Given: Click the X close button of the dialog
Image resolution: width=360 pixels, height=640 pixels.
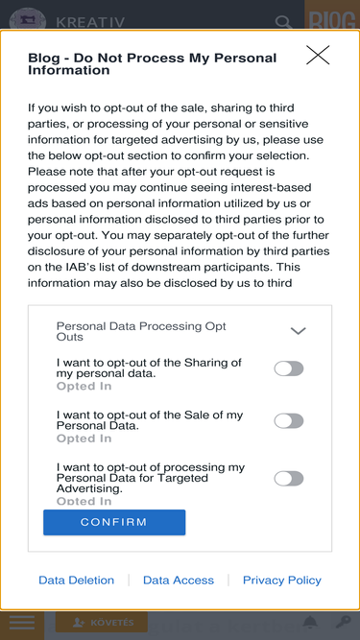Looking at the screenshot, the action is click(318, 55).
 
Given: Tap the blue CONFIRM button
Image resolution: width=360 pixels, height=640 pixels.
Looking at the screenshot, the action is click(114, 522).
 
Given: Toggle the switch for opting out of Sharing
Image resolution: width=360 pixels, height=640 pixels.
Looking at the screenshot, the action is click(289, 368).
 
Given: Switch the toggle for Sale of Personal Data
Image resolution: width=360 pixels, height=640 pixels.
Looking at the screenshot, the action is click(289, 421).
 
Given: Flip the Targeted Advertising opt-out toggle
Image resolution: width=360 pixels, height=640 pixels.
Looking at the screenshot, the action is click(289, 479).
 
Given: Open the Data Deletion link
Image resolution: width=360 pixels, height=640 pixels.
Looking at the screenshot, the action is click(77, 580).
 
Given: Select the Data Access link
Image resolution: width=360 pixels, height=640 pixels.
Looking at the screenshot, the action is click(179, 580).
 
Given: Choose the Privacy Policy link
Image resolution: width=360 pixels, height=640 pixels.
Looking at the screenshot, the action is click(282, 580).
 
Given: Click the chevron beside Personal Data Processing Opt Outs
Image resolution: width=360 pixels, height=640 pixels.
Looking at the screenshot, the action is click(298, 331).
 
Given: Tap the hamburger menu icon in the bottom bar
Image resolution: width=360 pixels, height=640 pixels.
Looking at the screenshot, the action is click(22, 623).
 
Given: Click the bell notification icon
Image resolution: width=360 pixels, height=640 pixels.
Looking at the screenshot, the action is click(311, 623).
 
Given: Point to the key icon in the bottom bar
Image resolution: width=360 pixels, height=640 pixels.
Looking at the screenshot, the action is click(344, 623).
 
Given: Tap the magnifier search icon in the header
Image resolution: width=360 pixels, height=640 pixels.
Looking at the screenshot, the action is click(283, 22).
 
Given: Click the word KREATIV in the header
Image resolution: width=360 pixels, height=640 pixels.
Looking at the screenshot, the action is click(90, 22).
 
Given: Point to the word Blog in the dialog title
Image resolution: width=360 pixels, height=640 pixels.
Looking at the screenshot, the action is click(43, 58).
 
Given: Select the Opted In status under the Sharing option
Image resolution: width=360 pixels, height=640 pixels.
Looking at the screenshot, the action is click(84, 386).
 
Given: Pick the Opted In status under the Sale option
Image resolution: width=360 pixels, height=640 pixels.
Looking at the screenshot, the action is click(84, 439).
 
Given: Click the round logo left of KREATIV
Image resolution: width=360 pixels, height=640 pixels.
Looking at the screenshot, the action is click(27, 21).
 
